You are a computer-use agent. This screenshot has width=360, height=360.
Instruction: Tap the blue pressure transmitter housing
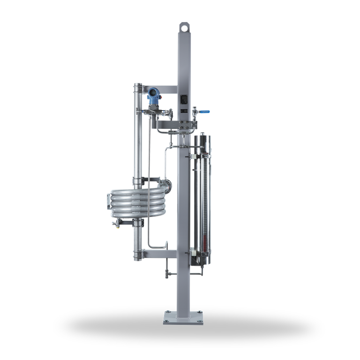point(153,96)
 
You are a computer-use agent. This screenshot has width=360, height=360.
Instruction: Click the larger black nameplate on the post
point(184,99)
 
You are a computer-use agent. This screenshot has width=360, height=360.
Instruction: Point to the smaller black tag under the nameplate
point(184,111)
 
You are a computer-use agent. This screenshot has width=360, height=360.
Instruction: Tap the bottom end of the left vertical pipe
point(137,258)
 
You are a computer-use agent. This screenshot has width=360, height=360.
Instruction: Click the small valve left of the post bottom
point(168,274)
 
